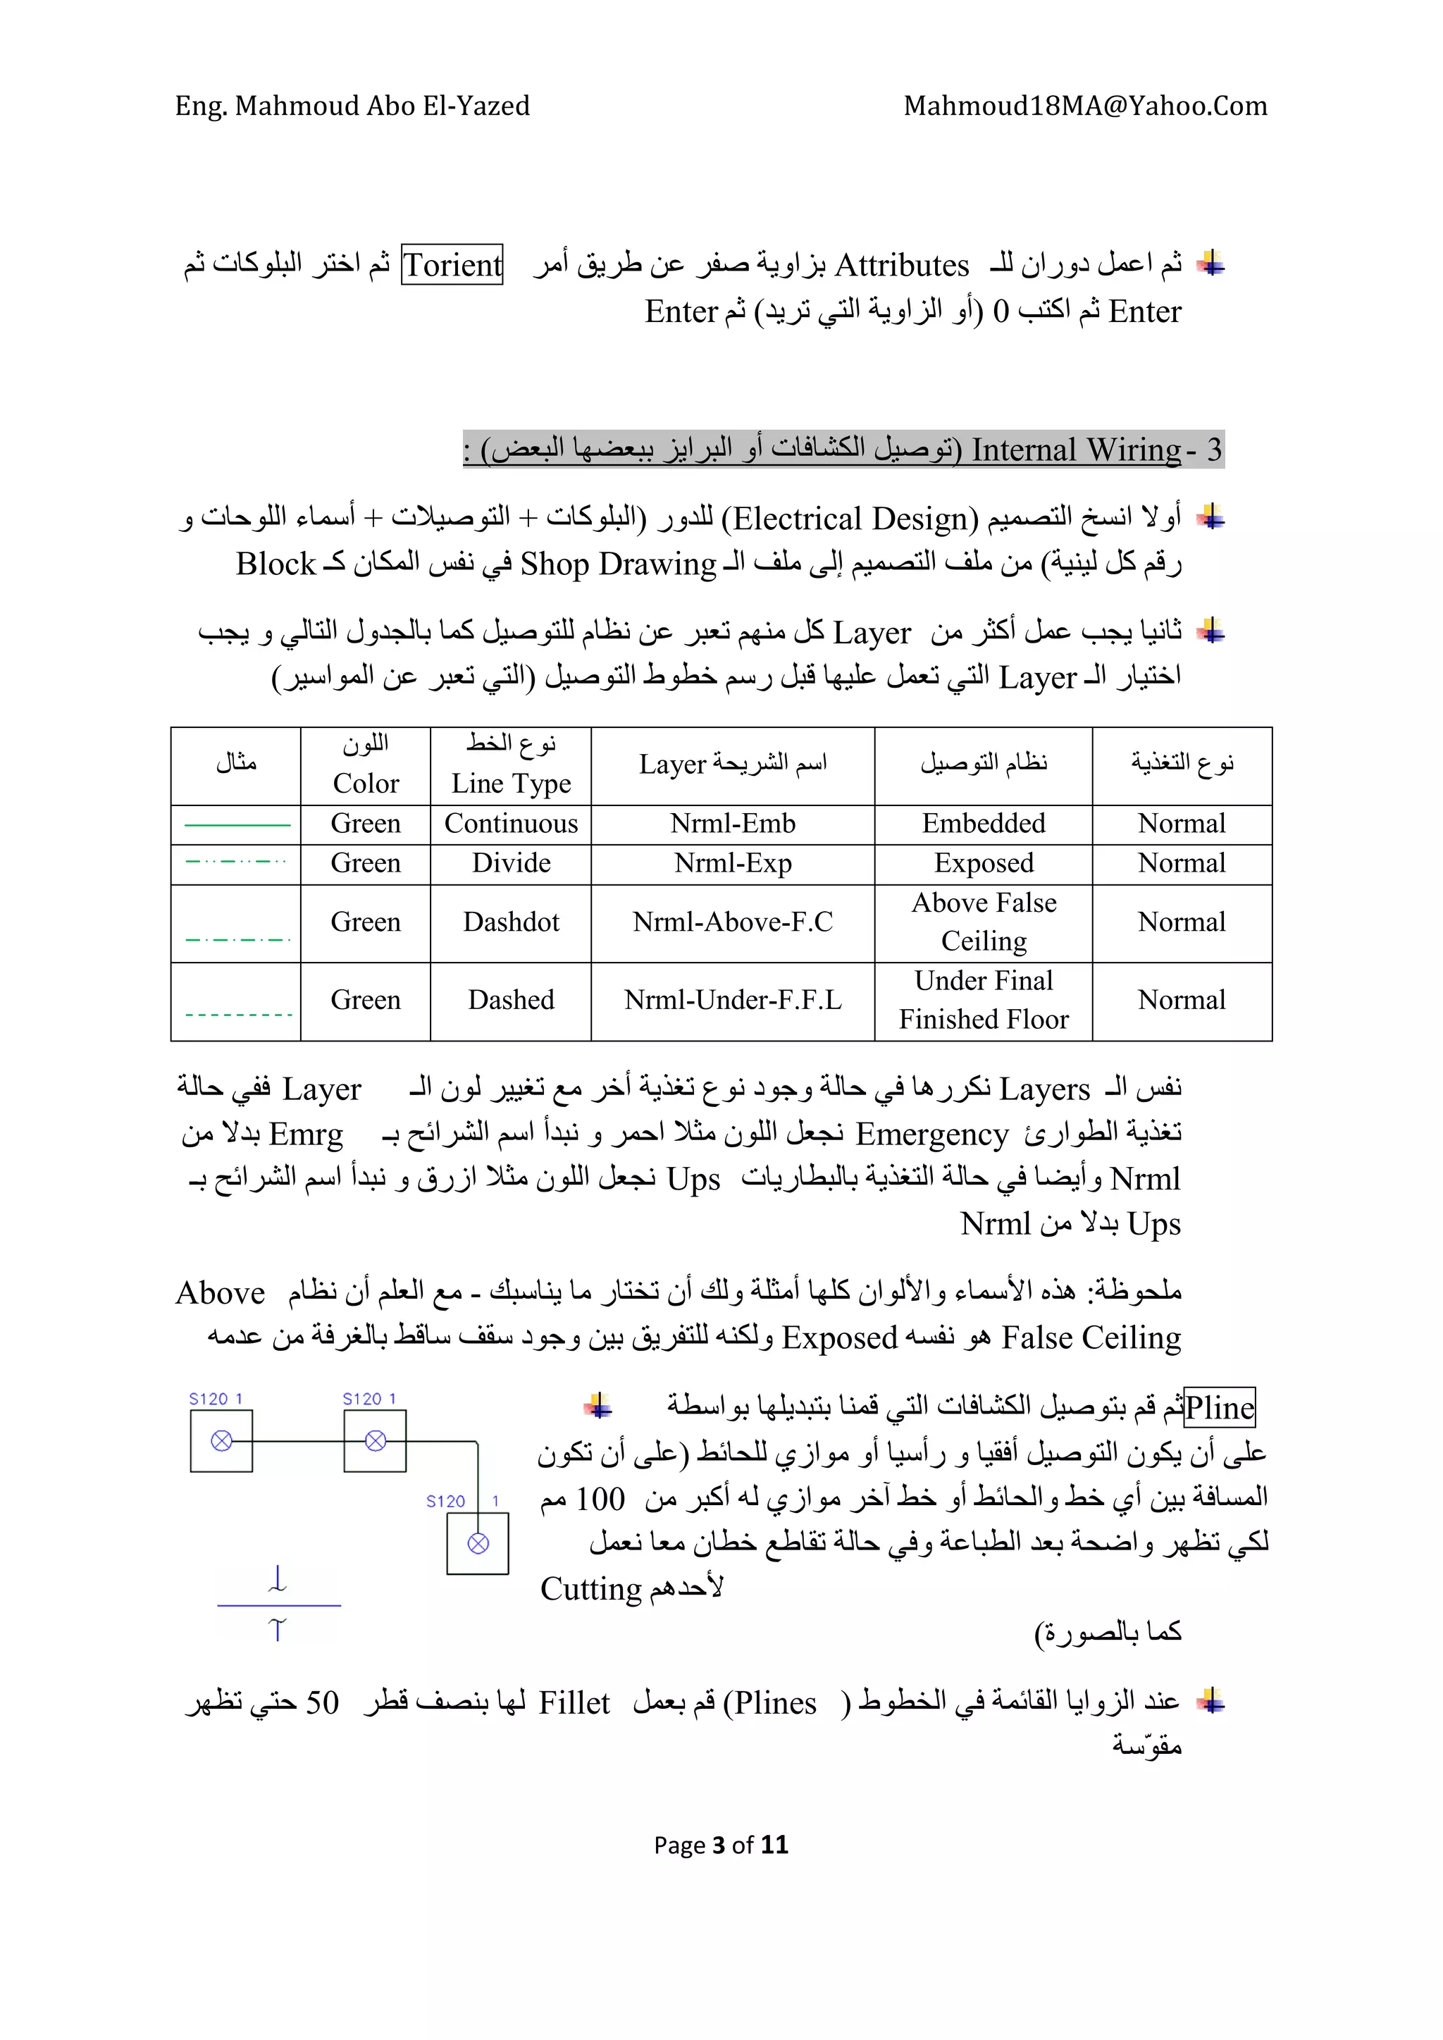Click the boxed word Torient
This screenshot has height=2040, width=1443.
coord(452,265)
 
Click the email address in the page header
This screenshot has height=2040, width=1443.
coord(1085,106)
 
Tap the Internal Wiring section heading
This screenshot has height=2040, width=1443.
coord(843,450)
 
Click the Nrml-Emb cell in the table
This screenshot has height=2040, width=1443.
coord(732,824)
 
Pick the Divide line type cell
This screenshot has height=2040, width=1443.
coord(511,863)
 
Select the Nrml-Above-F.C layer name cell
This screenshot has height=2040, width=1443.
coord(732,922)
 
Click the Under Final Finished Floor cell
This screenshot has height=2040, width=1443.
coord(983,1001)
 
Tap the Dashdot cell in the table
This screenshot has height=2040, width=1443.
coord(511,922)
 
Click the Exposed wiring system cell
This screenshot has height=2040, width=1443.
coord(983,863)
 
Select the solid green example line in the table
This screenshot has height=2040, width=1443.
coord(237,825)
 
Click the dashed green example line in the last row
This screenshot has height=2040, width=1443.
coord(238,1015)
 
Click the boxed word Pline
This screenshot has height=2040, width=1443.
coord(1219,1409)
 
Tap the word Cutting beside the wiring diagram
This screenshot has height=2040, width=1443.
coord(591,1588)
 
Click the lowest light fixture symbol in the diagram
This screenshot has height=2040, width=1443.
coord(478,1543)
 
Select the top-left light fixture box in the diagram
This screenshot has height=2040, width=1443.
coord(221,1441)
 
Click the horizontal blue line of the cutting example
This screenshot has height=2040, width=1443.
coord(278,1605)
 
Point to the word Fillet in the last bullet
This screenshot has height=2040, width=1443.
coord(574,1703)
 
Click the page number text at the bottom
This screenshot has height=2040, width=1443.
coord(721,1846)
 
